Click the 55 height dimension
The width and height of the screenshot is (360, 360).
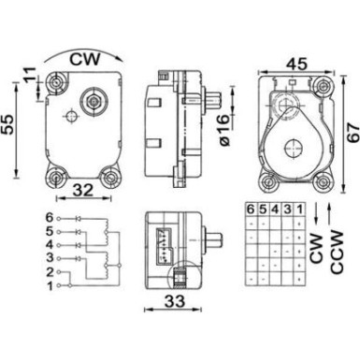point(9,122)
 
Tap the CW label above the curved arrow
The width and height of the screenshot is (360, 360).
point(85,56)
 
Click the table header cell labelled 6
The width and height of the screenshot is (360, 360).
point(250,209)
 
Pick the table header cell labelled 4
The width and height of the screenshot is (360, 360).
point(273,209)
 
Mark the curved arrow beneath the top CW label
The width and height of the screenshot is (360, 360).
point(85,70)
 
